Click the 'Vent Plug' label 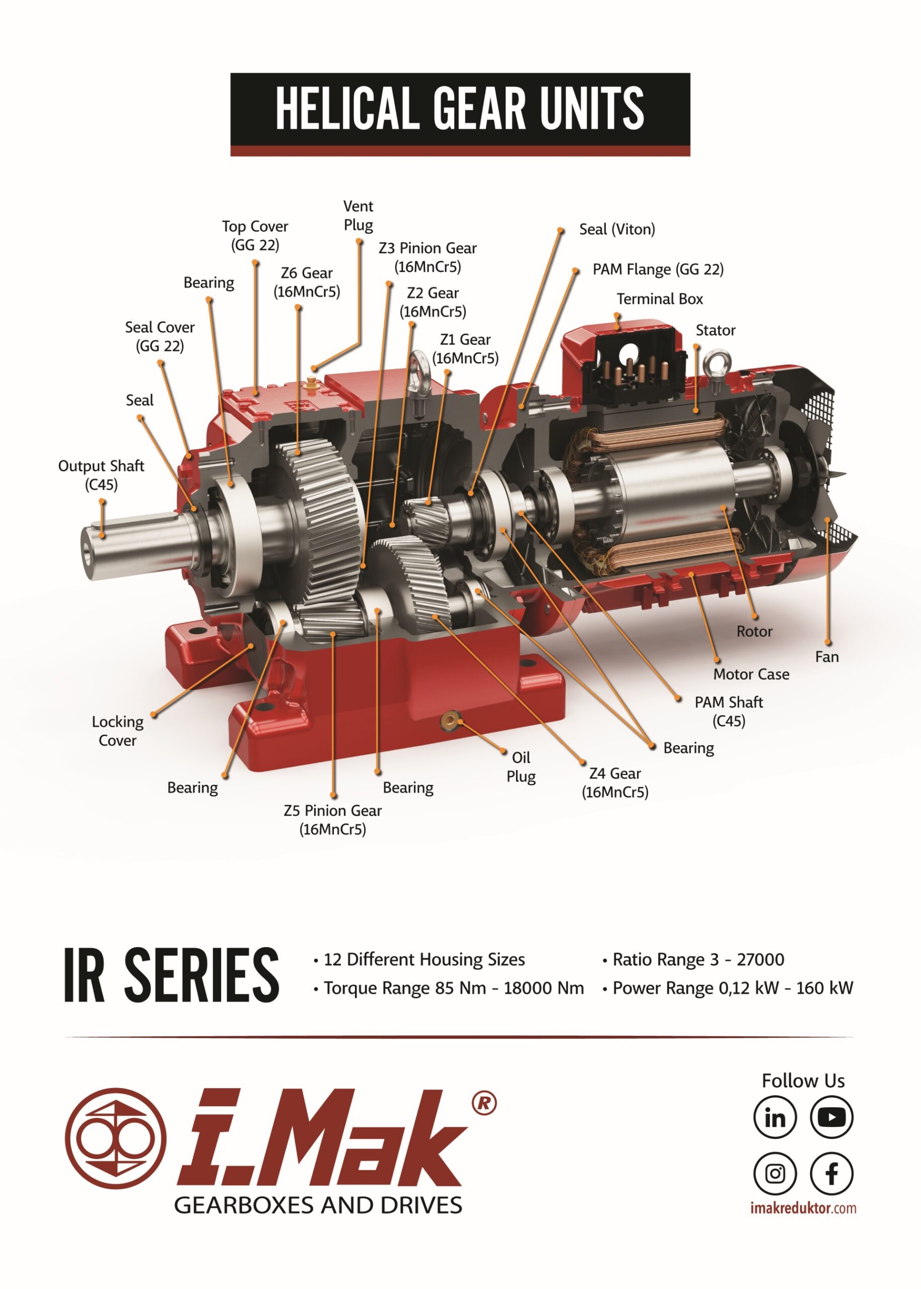[359, 216]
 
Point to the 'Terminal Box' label [660, 299]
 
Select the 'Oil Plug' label [521, 767]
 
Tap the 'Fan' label [826, 657]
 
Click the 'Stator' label [715, 330]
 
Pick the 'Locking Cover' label [117, 731]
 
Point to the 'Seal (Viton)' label [617, 229]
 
